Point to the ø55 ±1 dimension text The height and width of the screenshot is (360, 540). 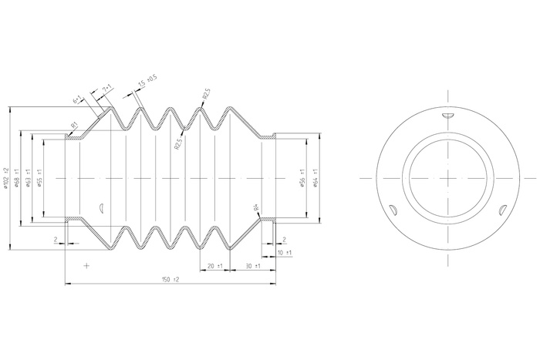(40, 177)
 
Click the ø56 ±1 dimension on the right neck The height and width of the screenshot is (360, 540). (304, 177)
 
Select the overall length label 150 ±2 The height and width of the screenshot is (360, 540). (170, 279)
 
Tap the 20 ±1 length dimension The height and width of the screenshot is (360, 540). (214, 266)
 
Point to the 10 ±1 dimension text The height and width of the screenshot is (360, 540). (284, 253)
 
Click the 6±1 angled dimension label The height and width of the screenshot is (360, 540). (78, 99)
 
